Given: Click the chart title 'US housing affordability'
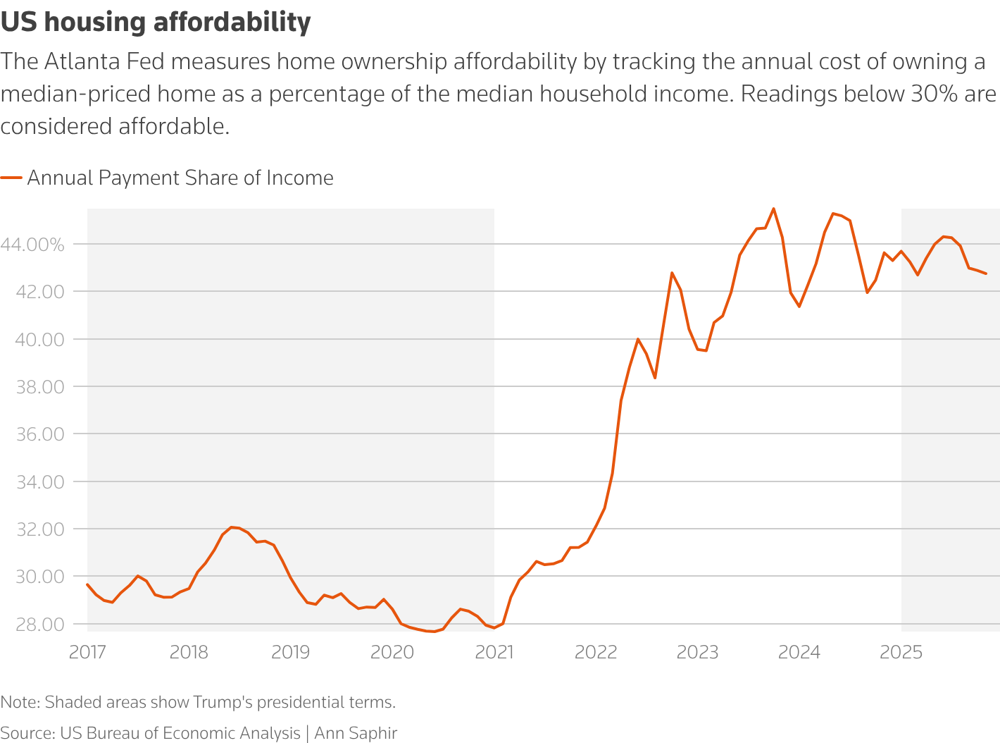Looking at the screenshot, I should pos(156,23).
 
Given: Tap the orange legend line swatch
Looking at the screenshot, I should pos(11,178).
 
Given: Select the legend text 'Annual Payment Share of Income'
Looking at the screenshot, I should pos(180,178).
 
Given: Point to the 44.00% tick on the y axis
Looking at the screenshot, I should pos(42,245).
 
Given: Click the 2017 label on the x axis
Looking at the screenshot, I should pos(87,652).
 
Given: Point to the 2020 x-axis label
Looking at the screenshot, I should pos(392,652).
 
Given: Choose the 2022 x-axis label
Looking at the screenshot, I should pos(596,652).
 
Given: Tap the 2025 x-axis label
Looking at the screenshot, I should pos(901,652).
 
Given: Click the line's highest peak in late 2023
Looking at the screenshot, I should pos(773,209).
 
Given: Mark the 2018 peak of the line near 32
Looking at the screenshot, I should pos(231,527).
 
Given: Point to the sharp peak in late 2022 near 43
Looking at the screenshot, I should pos(672,273).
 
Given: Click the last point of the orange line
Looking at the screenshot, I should pos(986,274).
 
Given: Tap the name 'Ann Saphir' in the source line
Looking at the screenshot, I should pos(356,733).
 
